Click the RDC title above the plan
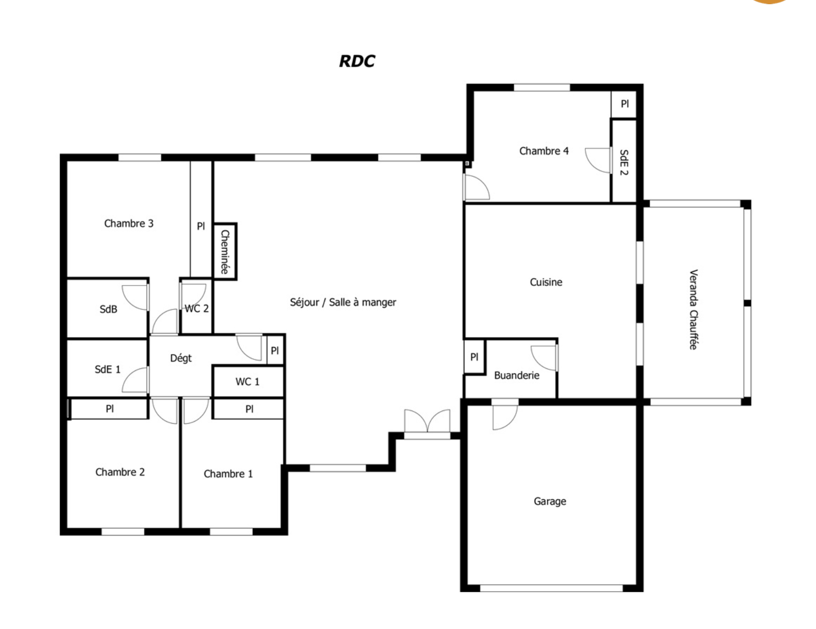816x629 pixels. (357, 61)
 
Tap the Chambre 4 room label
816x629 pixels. (544, 151)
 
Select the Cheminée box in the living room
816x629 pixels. (224, 252)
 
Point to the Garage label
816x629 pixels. (550, 501)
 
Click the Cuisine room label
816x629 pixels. (546, 282)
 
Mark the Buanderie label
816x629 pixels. (517, 375)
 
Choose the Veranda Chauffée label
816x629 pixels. (693, 309)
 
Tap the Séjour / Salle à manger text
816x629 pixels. (343, 302)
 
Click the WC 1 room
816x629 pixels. (248, 382)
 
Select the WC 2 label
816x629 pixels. (196, 309)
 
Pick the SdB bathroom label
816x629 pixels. (108, 309)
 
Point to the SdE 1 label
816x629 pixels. (107, 369)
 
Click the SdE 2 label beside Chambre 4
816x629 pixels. (624, 162)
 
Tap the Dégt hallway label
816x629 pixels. (181, 358)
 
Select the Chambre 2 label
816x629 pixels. (120, 472)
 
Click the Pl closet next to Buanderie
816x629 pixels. (475, 357)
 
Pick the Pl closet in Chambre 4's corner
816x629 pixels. (624, 104)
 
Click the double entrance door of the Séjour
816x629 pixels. (427, 424)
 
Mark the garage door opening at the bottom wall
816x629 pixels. (551, 588)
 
